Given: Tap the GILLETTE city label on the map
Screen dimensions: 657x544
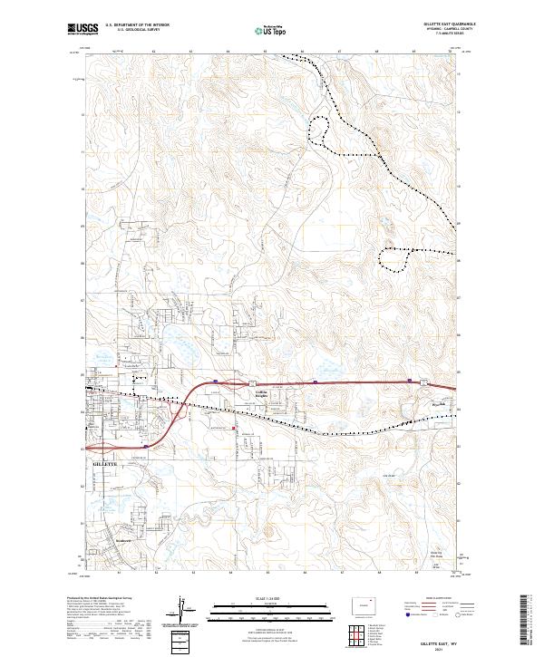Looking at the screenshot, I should [106, 463].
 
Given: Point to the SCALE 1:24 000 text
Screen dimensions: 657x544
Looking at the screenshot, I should [271, 597].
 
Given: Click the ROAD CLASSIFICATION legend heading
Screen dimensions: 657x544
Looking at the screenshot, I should [436, 598].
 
